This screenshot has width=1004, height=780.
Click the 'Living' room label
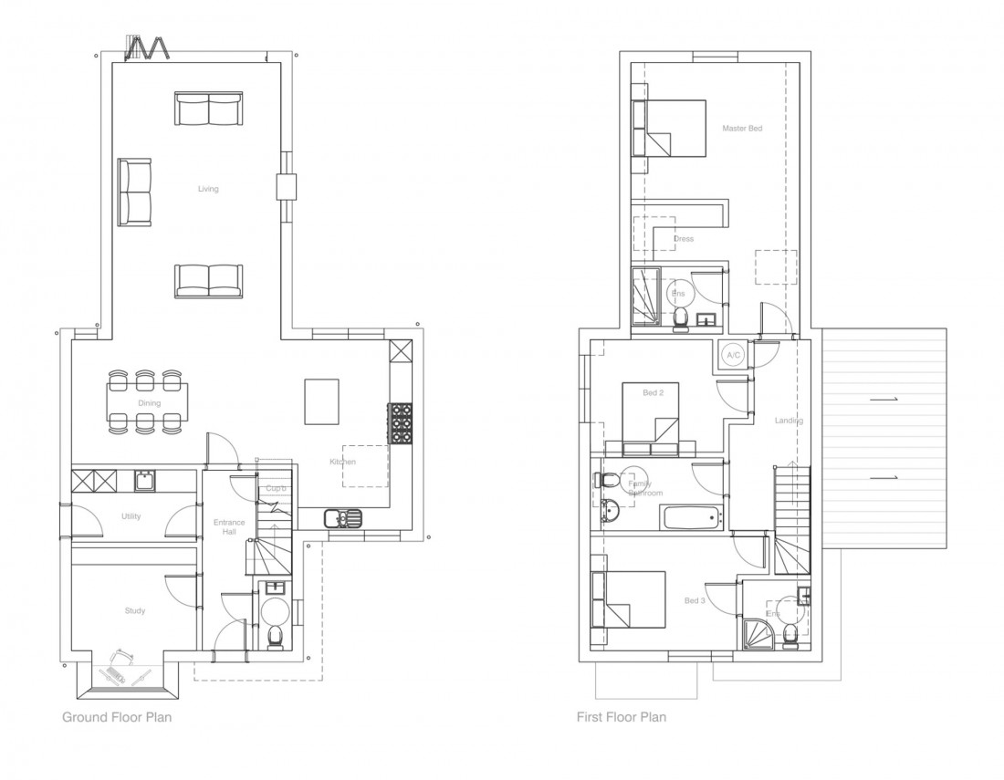pyautogui.click(x=208, y=190)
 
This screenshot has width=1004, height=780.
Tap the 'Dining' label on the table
pyautogui.click(x=150, y=403)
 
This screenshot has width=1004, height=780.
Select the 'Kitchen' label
pyautogui.click(x=342, y=463)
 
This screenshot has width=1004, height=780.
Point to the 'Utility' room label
pyautogui.click(x=131, y=516)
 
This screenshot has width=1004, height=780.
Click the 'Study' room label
pyautogui.click(x=134, y=611)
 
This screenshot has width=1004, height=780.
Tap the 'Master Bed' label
pyautogui.click(x=741, y=129)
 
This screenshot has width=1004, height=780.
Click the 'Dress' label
pyautogui.click(x=683, y=239)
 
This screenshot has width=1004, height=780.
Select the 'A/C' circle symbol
pyautogui.click(x=732, y=354)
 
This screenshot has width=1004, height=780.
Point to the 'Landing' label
pyautogui.click(x=788, y=421)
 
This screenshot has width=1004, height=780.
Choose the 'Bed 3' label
pyautogui.click(x=695, y=601)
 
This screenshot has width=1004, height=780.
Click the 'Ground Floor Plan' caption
pyautogui.click(x=117, y=717)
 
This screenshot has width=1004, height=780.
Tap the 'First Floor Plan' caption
pyautogui.click(x=622, y=717)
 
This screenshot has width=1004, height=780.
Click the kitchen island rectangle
pyautogui.click(x=322, y=401)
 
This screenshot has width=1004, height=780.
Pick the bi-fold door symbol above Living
pyautogui.click(x=149, y=48)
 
